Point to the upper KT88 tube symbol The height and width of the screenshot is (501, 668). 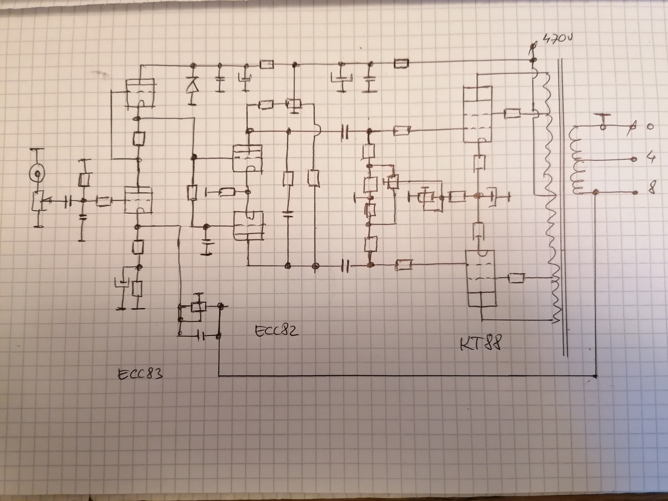tap(477, 114)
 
